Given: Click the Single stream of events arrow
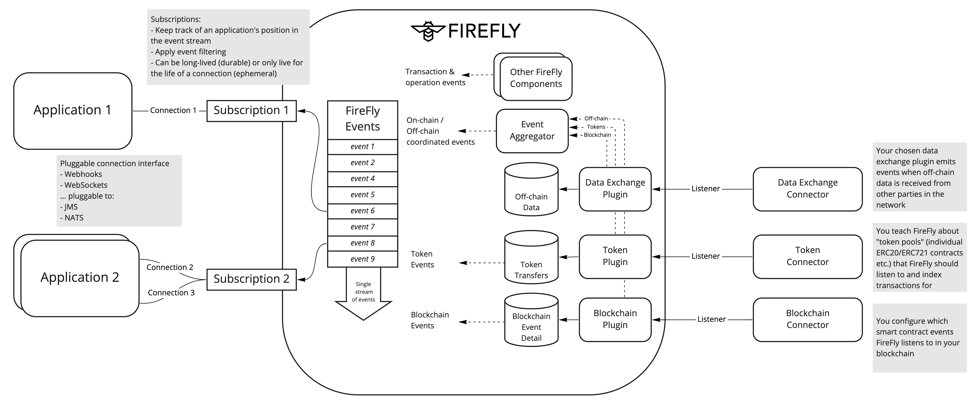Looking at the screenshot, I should tap(363, 294).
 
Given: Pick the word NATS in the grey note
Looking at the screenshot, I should tap(74, 218).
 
